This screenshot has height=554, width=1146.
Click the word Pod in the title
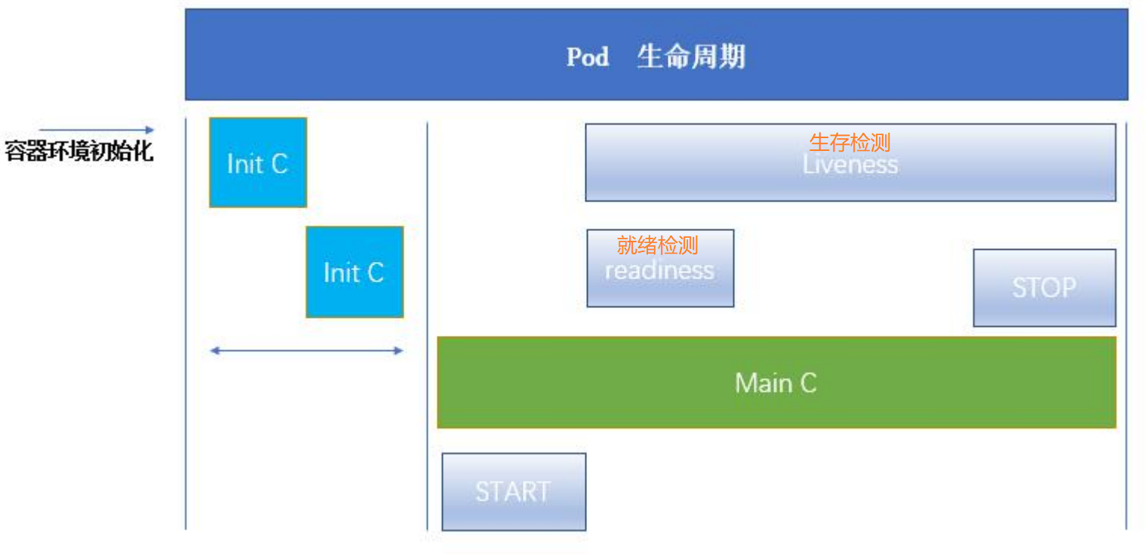point(587,57)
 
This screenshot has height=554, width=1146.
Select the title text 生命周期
point(690,57)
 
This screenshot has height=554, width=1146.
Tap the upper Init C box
point(258,162)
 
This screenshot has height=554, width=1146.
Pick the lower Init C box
point(355,272)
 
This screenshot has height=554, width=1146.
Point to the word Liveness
point(850,165)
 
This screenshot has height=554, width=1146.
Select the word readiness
point(659,270)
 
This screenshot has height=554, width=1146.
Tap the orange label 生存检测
point(850,142)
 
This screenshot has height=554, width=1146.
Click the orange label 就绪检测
point(657,245)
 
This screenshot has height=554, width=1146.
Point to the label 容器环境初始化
point(78,151)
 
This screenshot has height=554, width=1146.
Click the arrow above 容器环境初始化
point(97,130)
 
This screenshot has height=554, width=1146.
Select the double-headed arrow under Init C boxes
point(306,350)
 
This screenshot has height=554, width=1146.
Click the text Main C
point(776,383)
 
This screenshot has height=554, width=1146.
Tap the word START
point(513,492)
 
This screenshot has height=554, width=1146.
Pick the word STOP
point(1044,288)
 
